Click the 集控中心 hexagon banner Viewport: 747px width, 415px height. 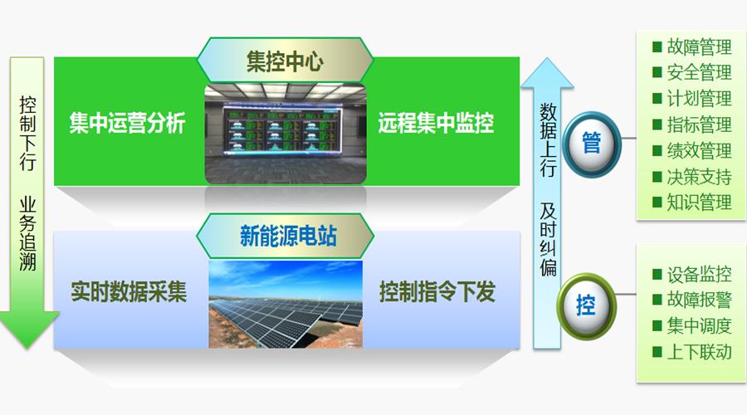pyautogui.click(x=285, y=61)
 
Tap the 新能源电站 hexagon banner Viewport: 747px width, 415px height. pyautogui.click(x=285, y=236)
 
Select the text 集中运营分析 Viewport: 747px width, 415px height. pyautogui.click(x=127, y=124)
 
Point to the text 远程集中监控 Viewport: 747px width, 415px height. pyautogui.click(x=436, y=124)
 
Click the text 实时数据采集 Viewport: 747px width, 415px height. pyautogui.click(x=129, y=291)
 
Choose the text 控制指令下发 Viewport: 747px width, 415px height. pyautogui.click(x=437, y=291)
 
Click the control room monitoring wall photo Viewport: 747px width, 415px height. pyautogui.click(x=286, y=134)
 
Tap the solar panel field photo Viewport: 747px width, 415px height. pyautogui.click(x=286, y=304)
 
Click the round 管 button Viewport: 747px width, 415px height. pyautogui.click(x=592, y=144)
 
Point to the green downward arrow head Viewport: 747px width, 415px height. pyautogui.click(x=28, y=330)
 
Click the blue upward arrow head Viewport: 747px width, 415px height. pyautogui.click(x=547, y=73)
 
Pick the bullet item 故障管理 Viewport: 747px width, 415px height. pyautogui.click(x=692, y=46)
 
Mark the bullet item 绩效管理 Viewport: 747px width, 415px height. pyautogui.click(x=692, y=151)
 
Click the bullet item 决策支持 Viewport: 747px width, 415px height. pyautogui.click(x=692, y=177)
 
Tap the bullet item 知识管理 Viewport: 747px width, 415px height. pyautogui.click(x=692, y=203)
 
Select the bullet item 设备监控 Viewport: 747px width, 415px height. pyautogui.click(x=692, y=274)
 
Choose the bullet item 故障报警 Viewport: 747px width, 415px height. pyautogui.click(x=692, y=300)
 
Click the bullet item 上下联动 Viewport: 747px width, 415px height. pyautogui.click(x=692, y=352)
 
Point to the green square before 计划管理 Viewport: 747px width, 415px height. pyautogui.click(x=657, y=99)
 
